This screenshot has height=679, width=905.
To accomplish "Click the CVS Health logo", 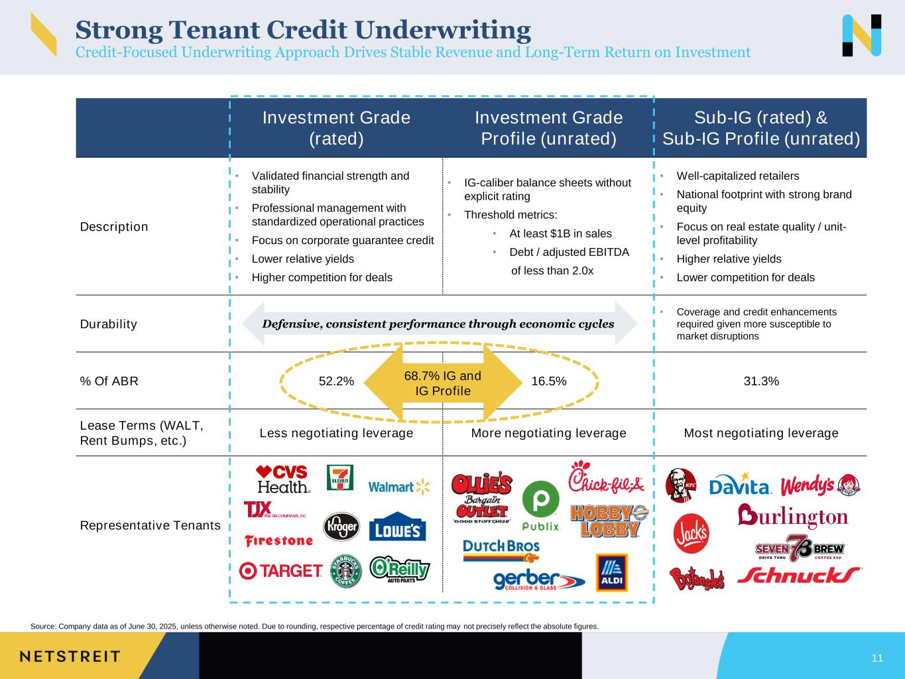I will pyautogui.click(x=283, y=479).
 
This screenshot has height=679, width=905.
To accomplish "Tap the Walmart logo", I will pyautogui.click(x=398, y=487).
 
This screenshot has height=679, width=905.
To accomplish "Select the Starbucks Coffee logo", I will pyautogui.click(x=346, y=571).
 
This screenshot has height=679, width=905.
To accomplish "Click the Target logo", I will pyautogui.click(x=281, y=570).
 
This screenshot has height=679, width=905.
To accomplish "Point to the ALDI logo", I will pyautogui.click(x=611, y=572).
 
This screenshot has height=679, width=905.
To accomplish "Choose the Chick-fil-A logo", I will pyautogui.click(x=606, y=478).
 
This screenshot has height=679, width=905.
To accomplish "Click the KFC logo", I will pyautogui.click(x=681, y=485).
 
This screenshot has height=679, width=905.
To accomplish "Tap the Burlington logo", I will pyautogui.click(x=792, y=516).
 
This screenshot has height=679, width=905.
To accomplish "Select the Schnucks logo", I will pyautogui.click(x=799, y=574).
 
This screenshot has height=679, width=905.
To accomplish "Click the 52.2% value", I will pyautogui.click(x=336, y=381).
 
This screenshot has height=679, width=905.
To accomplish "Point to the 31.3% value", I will pyautogui.click(x=761, y=381).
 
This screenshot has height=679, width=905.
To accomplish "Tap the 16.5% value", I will pyautogui.click(x=549, y=381).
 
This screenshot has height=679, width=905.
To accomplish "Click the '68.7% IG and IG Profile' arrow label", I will pyautogui.click(x=443, y=383).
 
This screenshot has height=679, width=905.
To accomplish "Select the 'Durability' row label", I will pyautogui.click(x=109, y=324).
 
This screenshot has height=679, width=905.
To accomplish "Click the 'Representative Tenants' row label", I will pyautogui.click(x=150, y=525).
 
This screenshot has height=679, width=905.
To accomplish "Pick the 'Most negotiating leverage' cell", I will pyautogui.click(x=761, y=433).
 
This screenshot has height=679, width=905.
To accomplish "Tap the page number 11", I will pyautogui.click(x=877, y=658).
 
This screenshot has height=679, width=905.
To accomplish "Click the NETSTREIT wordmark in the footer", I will pyautogui.click(x=70, y=656).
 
